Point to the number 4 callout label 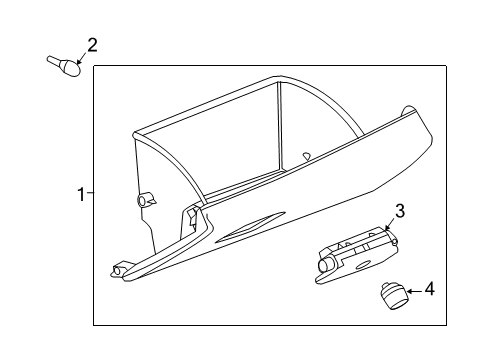click(429, 289)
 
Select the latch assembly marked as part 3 click(353, 253)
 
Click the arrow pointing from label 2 click(82, 57)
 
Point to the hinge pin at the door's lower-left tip click(118, 269)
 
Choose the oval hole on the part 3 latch click(358, 264)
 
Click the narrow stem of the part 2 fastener click(55, 61)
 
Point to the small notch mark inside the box click(306, 154)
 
